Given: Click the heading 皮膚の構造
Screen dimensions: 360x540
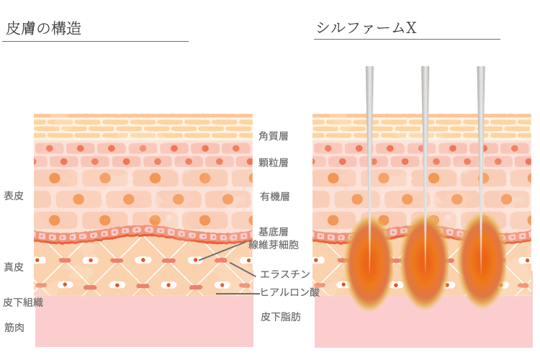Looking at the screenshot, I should tap(43, 29).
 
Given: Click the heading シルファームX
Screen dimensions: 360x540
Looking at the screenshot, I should tap(366, 28).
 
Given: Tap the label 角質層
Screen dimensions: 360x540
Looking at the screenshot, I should tap(274, 135).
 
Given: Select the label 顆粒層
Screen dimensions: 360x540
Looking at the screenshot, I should tap(274, 163).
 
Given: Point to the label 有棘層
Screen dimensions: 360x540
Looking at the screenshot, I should tap(274, 196).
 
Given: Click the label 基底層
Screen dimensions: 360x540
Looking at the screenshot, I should tap(274, 232).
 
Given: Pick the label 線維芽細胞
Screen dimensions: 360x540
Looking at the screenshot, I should tap(274, 245).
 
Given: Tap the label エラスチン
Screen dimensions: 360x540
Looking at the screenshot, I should tap(285, 274).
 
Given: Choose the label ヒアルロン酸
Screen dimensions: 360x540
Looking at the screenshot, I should tap(289, 292).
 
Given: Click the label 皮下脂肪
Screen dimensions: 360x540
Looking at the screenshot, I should tap(281, 316).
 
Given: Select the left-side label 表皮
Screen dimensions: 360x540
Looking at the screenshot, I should tap(14, 196).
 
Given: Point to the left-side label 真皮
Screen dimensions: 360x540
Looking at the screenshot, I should tap(14, 267).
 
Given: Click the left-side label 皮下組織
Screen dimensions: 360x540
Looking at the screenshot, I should tap(23, 302).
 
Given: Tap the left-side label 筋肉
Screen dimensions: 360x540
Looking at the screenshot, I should tap(14, 328).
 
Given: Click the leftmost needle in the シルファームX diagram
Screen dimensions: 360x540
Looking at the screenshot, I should tap(369, 130).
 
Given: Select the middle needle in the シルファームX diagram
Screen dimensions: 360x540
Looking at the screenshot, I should tap(426, 130).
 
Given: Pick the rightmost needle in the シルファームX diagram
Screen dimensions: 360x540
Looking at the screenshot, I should tap(481, 130).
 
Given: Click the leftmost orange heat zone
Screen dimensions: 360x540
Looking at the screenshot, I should tap(369, 263).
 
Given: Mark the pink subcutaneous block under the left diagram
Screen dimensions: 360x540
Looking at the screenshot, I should tap(144, 321).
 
